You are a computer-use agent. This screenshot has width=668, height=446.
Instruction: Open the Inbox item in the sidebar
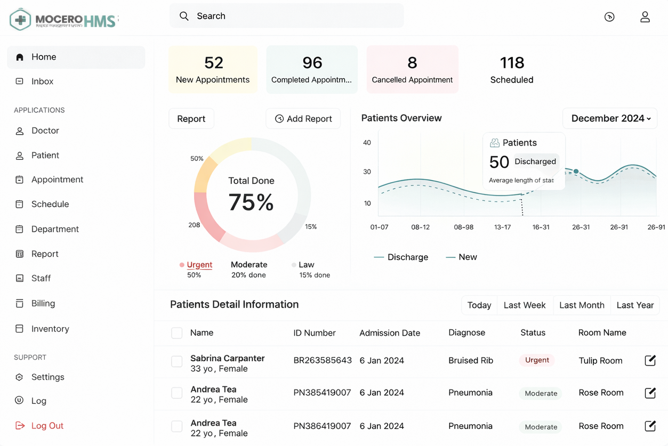click(x=42, y=82)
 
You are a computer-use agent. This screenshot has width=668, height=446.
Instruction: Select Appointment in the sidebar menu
click(x=57, y=180)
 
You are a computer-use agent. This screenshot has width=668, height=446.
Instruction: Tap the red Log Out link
click(x=47, y=426)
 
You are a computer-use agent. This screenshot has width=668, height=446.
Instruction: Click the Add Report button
click(x=303, y=119)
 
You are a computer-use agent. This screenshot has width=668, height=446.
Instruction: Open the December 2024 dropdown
click(x=610, y=118)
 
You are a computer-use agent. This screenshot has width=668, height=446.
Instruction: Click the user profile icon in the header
click(x=645, y=17)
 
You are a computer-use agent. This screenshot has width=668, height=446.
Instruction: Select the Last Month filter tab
click(x=582, y=305)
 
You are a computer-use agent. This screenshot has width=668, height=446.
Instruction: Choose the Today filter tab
click(x=479, y=305)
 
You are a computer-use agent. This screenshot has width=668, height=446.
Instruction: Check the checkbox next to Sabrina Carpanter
click(x=177, y=361)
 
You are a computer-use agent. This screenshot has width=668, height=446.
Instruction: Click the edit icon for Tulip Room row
click(x=650, y=361)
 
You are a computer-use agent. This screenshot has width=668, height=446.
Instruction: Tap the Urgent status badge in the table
click(x=537, y=360)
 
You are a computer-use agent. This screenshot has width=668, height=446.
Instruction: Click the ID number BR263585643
click(x=323, y=361)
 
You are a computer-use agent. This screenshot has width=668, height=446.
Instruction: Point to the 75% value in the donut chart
click(x=251, y=202)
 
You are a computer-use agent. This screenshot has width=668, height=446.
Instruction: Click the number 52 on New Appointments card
click(x=213, y=63)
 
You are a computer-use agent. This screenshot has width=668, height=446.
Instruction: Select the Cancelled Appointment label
click(x=412, y=80)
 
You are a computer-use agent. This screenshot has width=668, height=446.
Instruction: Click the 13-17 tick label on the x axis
click(x=502, y=227)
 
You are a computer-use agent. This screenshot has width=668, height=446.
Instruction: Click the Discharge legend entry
click(x=407, y=257)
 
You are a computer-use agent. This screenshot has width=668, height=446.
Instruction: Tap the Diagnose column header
click(x=466, y=333)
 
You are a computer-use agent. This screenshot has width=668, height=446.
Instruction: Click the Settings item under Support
click(x=47, y=377)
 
